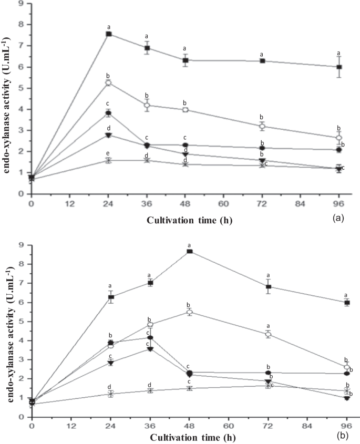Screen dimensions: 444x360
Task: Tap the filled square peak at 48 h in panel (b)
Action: [189, 252]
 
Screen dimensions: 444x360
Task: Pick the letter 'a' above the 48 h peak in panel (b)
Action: [189, 245]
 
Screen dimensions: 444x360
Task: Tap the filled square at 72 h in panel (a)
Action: [261, 61]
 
